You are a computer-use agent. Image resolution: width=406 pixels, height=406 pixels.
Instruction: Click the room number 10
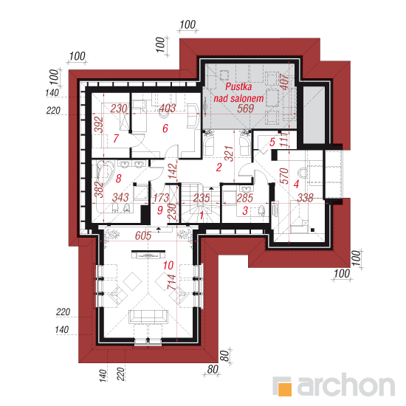tap(168, 265)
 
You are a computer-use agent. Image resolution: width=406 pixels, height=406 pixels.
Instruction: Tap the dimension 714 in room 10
tap(172, 282)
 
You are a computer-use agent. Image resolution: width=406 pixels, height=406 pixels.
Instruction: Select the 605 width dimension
tap(143, 235)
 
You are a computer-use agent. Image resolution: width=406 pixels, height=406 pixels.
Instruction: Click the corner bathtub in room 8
tap(105, 171)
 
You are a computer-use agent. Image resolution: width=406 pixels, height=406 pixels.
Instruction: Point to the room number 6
tap(165, 128)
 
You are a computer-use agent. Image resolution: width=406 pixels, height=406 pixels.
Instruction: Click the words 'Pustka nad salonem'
tap(238, 92)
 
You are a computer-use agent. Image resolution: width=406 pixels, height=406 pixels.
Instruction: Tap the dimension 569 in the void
tap(246, 109)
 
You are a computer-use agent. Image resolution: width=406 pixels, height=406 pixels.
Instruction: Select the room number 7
tap(116, 138)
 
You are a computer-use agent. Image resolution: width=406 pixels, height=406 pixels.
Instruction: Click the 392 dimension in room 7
tap(99, 125)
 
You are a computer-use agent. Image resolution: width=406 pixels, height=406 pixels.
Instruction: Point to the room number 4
tap(296, 184)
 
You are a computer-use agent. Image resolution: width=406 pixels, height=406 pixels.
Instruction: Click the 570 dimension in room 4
tap(284, 176)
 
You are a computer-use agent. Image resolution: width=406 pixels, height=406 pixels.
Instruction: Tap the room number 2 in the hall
tap(219, 168)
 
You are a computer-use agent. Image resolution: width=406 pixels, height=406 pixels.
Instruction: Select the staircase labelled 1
tap(200, 203)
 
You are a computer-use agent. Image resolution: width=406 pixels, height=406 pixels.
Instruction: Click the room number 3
tap(245, 210)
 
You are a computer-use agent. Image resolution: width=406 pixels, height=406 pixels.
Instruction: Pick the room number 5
tap(272, 142)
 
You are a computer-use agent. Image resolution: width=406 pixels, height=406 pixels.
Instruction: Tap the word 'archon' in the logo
tap(346, 385)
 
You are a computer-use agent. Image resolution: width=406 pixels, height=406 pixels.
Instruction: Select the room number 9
tap(159, 210)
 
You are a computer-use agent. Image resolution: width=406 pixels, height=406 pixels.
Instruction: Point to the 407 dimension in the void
tap(284, 82)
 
